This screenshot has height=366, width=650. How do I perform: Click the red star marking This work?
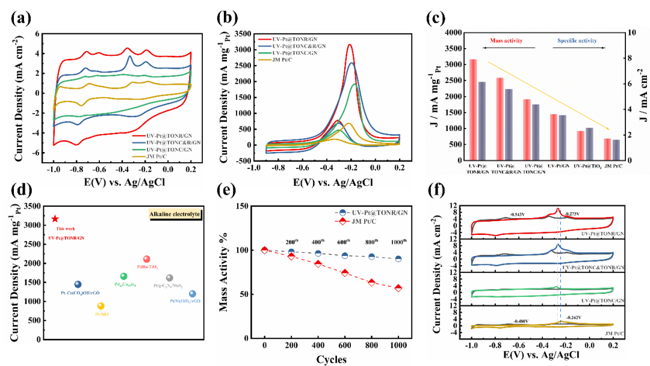coord(55,219)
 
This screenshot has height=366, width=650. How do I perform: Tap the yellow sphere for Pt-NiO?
coord(101,306)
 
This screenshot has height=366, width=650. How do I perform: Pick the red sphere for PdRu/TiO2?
coord(146,259)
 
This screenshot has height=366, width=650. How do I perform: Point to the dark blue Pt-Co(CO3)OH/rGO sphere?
coord(78,284)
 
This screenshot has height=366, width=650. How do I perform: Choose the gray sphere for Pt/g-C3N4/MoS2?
coord(170,278)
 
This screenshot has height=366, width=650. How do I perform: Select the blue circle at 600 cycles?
coord(345,255)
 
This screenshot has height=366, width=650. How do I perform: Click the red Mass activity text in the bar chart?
coord(503,41)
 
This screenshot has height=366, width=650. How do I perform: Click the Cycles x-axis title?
coord(331,359)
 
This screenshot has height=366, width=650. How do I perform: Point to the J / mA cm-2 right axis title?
coord(640,97)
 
